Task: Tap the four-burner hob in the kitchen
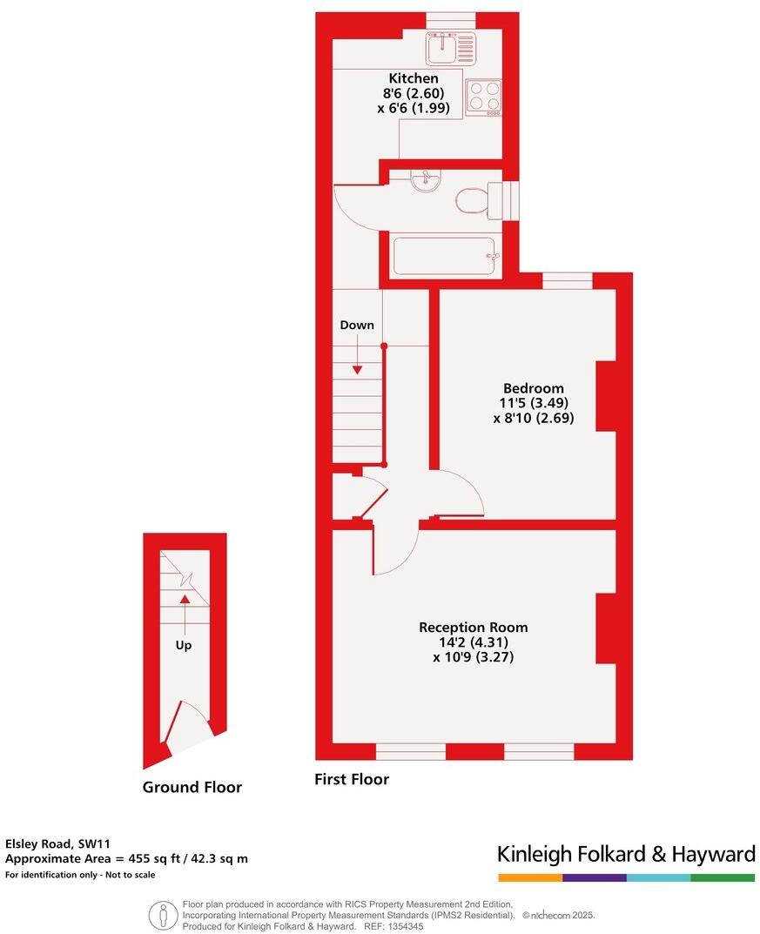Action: (483, 97)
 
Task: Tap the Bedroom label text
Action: (533, 388)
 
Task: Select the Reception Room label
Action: (473, 627)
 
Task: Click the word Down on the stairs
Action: (357, 326)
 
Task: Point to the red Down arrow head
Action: (357, 370)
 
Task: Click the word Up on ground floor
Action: (184, 646)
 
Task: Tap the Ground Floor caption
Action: (192, 788)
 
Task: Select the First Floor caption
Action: (352, 780)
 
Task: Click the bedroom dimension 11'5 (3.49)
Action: (533, 403)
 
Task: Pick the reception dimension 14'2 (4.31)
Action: (473, 642)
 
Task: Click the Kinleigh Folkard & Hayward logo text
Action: (626, 854)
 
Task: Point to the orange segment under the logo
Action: (530, 877)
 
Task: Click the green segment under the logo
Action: (723, 877)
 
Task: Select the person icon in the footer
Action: (162, 915)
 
